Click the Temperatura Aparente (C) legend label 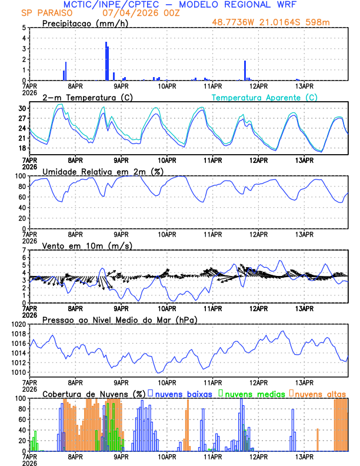click(265, 97)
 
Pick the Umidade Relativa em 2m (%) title click(98, 171)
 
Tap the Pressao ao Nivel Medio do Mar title click(119, 319)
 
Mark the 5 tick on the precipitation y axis click(24, 28)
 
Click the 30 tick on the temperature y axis click(22, 109)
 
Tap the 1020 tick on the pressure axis click(18, 324)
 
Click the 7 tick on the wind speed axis click(24, 250)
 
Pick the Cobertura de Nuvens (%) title click(94, 394)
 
